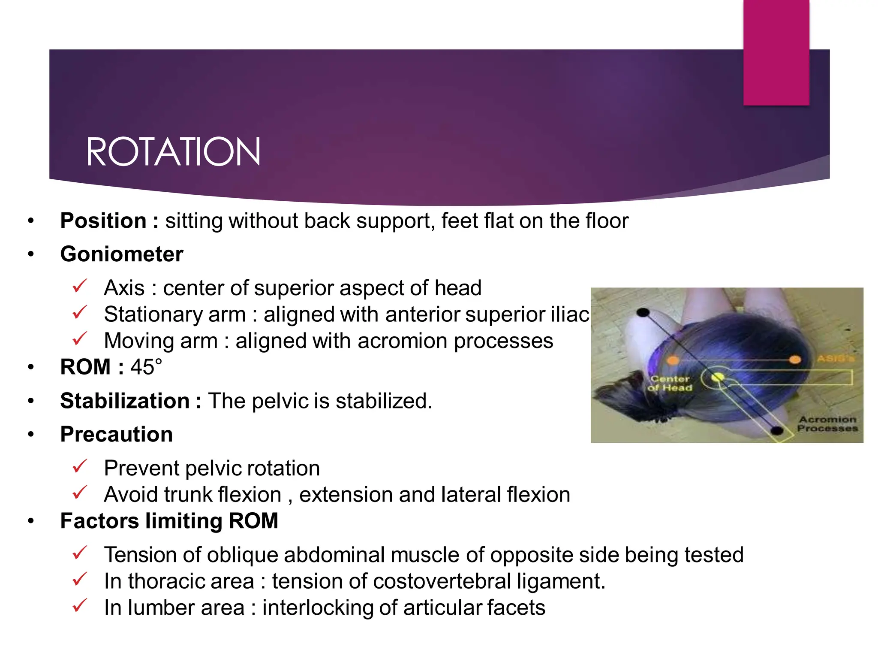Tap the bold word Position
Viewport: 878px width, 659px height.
(x=103, y=221)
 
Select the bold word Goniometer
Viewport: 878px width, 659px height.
(x=122, y=254)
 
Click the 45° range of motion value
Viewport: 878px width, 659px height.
(x=146, y=367)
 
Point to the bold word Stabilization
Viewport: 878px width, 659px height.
(x=125, y=401)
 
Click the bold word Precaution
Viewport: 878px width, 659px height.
(x=117, y=434)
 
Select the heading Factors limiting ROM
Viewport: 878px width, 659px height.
(x=169, y=521)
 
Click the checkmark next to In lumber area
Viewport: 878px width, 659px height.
(x=80, y=605)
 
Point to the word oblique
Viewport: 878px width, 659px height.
(x=243, y=555)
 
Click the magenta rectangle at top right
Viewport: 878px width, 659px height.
(x=776, y=52)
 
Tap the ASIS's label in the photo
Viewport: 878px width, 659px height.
(x=835, y=358)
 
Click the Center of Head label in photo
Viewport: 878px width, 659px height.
(x=670, y=383)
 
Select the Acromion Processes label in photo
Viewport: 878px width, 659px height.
(x=827, y=423)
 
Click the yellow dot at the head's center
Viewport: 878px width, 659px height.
(x=718, y=377)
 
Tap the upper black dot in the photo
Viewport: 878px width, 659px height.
(x=643, y=312)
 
